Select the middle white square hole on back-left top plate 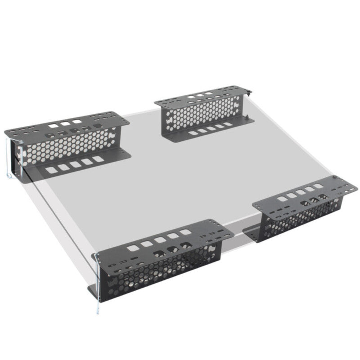click(x=66, y=122)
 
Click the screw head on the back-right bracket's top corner click(x=248, y=93)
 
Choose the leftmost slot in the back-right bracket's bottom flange click(x=192, y=133)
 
